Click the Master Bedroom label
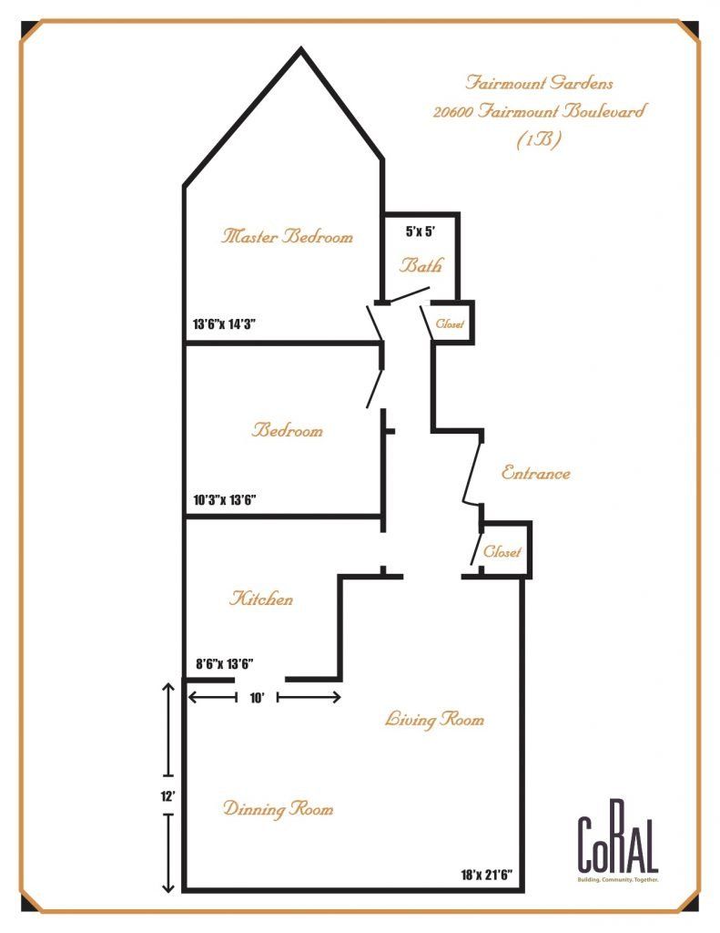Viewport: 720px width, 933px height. pos(287,237)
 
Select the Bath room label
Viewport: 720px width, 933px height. pos(422,267)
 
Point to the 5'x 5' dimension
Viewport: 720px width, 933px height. pos(421,231)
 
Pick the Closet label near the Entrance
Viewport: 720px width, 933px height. pos(502,552)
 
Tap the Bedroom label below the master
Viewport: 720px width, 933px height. pos(288,430)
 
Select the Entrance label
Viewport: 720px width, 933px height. pos(536,474)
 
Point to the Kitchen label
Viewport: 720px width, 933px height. pos(261,600)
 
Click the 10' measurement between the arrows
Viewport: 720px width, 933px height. pos(257,698)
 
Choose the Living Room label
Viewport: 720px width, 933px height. pos(435,720)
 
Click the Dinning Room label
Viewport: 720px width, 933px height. pos(279,809)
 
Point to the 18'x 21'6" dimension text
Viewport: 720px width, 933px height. pos(487,876)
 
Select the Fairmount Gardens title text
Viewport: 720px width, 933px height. pos(539,83)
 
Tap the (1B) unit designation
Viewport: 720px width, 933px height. pos(539,142)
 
